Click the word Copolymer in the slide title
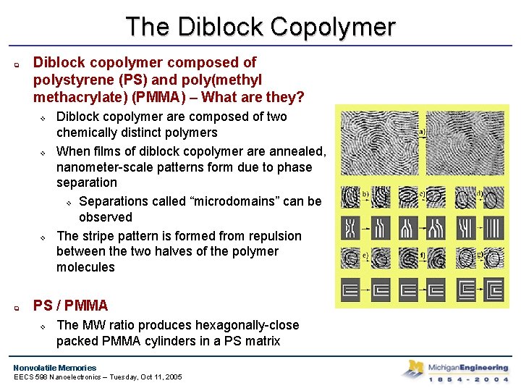pyautogui.click(x=333, y=28)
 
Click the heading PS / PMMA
pyautogui.click(x=70, y=306)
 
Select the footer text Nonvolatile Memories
pyautogui.click(x=54, y=367)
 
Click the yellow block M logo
pyautogui.click(x=416, y=368)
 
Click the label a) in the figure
pyautogui.click(x=422, y=132)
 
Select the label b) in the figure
pyautogui.click(x=366, y=193)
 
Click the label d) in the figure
pyautogui.click(x=480, y=193)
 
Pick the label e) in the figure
pyautogui.click(x=366, y=255)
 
